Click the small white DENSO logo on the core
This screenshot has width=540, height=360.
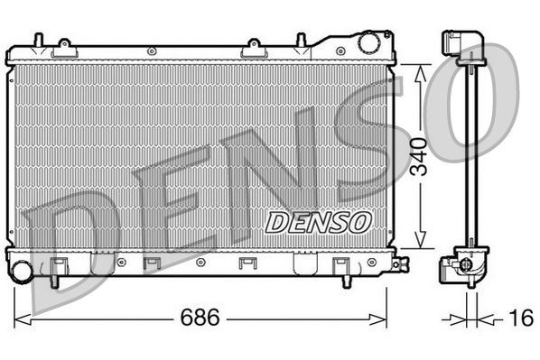(x=317, y=221)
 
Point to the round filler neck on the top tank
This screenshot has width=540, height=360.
(x=368, y=42)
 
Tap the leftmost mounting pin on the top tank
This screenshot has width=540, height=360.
(x=37, y=41)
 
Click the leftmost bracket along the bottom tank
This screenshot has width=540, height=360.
(x=60, y=265)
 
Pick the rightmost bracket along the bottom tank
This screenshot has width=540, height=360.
(x=341, y=265)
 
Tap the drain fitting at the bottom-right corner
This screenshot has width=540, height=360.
(x=397, y=265)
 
